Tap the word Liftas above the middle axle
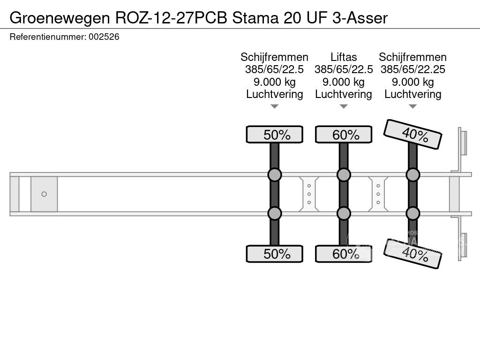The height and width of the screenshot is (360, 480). point(344,57)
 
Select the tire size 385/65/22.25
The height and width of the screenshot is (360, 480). point(412,69)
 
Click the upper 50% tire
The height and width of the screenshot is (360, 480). point(274,135)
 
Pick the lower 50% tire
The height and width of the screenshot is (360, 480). point(274,254)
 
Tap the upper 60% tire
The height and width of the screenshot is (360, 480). point(344,135)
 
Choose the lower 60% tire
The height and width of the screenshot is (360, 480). point(344,254)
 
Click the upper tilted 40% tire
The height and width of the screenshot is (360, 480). point(412,134)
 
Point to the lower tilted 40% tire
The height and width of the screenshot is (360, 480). point(412,254)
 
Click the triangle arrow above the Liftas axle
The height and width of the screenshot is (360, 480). point(344,106)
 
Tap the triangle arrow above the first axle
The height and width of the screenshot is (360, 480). point(274,106)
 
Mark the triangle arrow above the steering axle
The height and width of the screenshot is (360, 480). point(412,106)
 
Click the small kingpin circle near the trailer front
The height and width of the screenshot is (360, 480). point(44,194)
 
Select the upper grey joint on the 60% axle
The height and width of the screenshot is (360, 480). point(344,175)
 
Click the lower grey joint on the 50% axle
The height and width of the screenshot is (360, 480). point(274,213)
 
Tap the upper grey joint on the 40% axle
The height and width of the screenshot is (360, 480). point(412,175)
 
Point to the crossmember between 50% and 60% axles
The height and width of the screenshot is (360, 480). point(309,194)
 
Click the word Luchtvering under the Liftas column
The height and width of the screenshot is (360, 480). point(344,94)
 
